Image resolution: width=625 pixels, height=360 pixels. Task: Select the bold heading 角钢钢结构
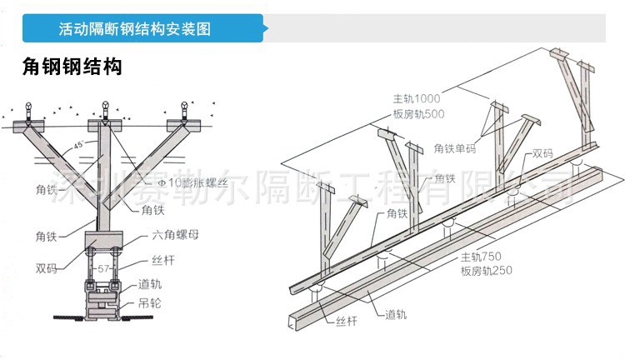pos(72,67)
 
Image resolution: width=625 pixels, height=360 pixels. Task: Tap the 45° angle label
pos(77,145)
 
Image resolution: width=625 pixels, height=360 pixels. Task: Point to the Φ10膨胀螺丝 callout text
pos(182,182)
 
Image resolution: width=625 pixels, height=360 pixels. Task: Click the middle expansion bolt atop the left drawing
pos(106,108)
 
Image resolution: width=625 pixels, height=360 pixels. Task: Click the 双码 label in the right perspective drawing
pos(542,154)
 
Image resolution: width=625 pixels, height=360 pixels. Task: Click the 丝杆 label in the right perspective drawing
pos(346,320)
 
